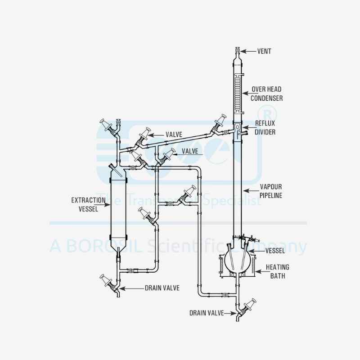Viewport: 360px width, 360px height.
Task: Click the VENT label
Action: [x=264, y=51]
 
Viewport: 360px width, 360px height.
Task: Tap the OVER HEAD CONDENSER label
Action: [x=266, y=94]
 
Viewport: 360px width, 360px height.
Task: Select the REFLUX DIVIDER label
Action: [x=265, y=127]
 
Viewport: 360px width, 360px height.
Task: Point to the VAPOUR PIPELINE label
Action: [x=271, y=191]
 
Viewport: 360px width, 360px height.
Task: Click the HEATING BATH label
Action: [x=277, y=271]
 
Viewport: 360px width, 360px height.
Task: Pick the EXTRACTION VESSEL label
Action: [x=85, y=204]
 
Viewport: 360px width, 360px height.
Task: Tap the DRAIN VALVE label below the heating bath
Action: [x=206, y=313]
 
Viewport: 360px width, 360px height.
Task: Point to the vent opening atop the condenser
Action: [x=237, y=49]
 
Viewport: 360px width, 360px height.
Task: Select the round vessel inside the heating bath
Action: [x=237, y=259]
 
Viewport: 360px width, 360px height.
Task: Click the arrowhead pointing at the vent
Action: [x=243, y=51]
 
